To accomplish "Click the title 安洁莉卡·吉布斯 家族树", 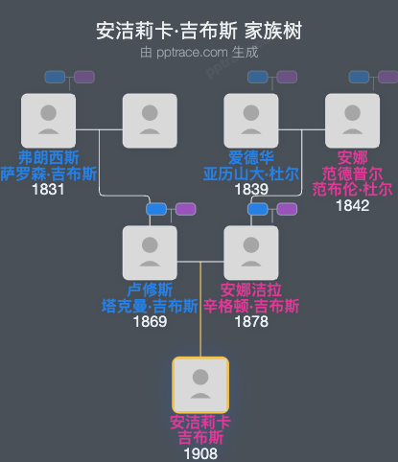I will tap(199, 31).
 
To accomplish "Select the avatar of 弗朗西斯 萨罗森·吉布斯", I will tap(47, 120).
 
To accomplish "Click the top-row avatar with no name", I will tap(150, 120).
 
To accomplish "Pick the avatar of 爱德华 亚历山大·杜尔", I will tap(250, 120).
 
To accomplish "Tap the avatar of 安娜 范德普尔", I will tap(352, 120).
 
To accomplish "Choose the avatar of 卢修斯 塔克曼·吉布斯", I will tap(150, 252).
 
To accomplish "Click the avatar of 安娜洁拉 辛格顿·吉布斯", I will tap(250, 252).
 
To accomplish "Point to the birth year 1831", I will tap(47, 190).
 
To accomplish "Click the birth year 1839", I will tap(250, 190).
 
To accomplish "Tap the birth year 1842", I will tap(352, 205).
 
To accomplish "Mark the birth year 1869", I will tap(150, 322).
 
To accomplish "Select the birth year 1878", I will tap(250, 322).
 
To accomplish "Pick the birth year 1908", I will tap(200, 453).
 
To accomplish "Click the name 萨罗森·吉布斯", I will tap(48, 173).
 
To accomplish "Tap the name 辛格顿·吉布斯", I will tap(251, 306).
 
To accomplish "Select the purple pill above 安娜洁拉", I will tap(287, 209).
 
